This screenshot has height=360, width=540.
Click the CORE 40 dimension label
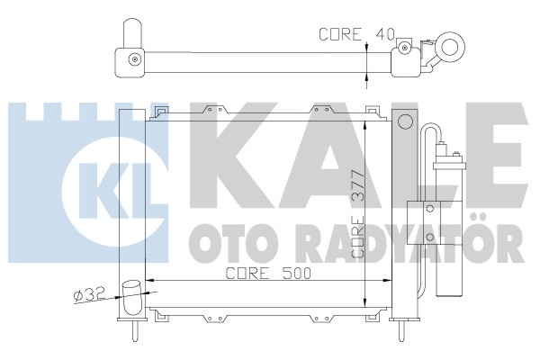coord(356,34)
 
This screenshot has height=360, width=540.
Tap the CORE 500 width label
coord(268,274)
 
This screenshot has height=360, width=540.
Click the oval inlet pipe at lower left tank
coord(132,298)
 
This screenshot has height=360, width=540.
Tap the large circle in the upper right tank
coord(405,121)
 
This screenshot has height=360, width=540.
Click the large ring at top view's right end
coord(450,47)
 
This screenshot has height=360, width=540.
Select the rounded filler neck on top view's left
coord(132,33)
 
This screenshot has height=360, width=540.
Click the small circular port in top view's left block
coord(135,58)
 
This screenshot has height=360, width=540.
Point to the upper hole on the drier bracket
coord(429,208)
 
